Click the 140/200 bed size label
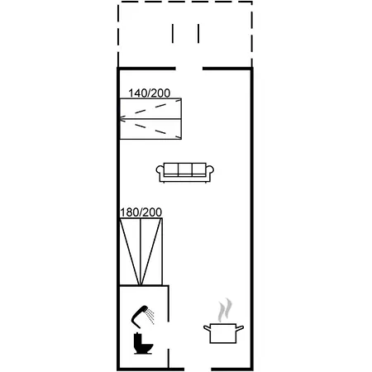tap(149, 93)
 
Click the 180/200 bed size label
tap(141, 212)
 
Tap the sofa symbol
tap(185, 173)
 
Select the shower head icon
tap(142, 317)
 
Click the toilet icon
tap(142, 343)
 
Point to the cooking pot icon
tap(223, 333)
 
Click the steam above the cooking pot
tap(225, 310)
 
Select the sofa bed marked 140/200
tap(150, 119)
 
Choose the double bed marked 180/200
tap(141, 251)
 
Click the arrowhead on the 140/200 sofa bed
tap(122, 119)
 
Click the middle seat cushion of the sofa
tap(185, 169)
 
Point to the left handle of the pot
tap(207, 327)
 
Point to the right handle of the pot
tap(240, 327)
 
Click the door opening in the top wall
tap(189, 69)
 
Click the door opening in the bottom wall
tap(198, 370)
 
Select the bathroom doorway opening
tap(169, 335)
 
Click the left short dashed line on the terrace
tap(173, 33)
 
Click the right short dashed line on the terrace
tap(198, 33)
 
